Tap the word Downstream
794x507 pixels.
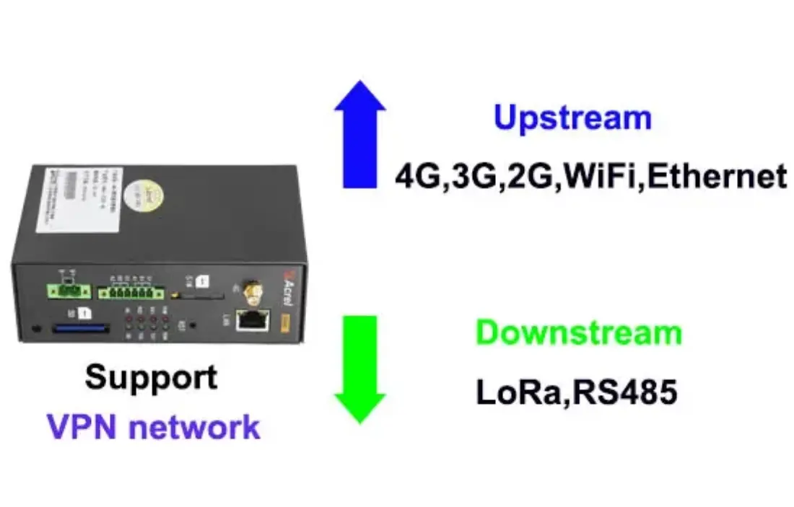[x=579, y=333]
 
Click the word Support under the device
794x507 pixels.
[x=151, y=376]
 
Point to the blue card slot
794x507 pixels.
[x=79, y=328]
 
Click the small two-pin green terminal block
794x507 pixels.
[x=69, y=291]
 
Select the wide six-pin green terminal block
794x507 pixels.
[x=131, y=292]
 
